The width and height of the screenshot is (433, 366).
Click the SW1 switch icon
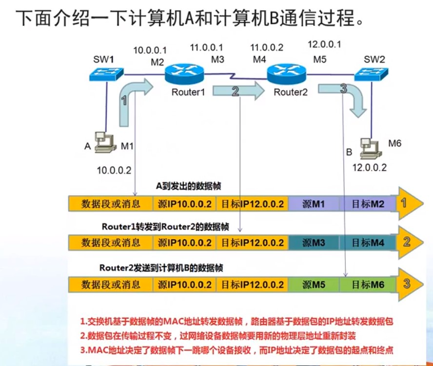[106, 74]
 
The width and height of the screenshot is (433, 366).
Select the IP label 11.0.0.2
[267, 48]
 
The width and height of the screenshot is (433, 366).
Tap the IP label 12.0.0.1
[324, 45]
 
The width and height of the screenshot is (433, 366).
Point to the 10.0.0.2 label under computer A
[114, 170]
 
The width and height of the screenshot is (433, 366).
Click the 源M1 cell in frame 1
[313, 203]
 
